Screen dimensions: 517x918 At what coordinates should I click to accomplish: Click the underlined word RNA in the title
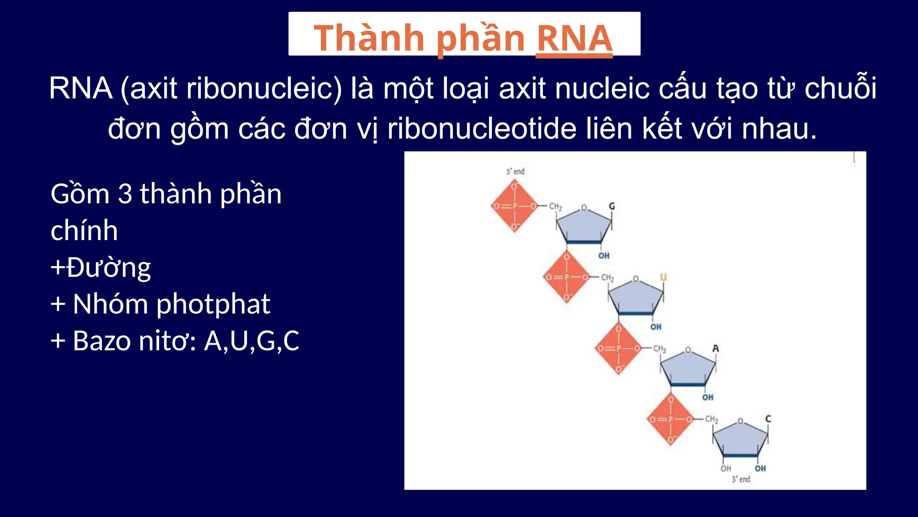click(574, 39)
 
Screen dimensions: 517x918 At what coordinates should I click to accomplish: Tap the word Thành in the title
click(369, 39)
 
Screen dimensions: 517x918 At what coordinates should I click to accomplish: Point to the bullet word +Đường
click(101, 267)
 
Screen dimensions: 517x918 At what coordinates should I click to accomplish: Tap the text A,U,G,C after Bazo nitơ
click(251, 341)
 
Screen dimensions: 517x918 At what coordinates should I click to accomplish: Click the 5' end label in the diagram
click(515, 171)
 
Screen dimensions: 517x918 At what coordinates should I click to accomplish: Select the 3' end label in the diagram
click(740, 479)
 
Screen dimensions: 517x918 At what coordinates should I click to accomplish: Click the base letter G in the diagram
click(612, 206)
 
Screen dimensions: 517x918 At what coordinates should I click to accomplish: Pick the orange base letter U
click(663, 277)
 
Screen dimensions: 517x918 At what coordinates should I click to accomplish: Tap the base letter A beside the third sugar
click(715, 348)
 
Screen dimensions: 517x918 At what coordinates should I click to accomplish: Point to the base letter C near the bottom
click(768, 419)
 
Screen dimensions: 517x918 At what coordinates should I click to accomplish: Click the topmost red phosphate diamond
click(515, 206)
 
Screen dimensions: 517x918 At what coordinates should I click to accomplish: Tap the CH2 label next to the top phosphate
click(555, 206)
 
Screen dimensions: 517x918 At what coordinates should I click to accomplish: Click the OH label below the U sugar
click(656, 327)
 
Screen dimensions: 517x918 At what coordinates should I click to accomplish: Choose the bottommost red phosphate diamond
click(671, 419)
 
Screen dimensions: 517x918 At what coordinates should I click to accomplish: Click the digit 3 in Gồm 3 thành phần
click(125, 194)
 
